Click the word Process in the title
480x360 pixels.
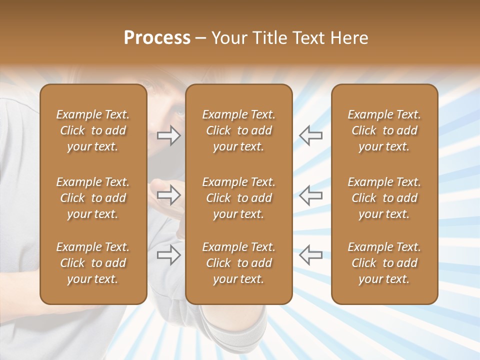click(157, 38)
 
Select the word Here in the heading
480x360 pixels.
click(350, 38)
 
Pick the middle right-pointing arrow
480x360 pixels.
click(169, 195)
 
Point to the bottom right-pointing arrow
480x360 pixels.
click(169, 255)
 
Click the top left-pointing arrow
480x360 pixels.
click(310, 135)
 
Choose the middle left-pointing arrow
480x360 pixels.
click(310, 195)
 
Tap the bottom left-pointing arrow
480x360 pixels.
click(310, 255)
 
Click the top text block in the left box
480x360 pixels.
click(93, 130)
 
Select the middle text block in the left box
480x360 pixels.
click(93, 198)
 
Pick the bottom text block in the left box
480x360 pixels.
click(93, 263)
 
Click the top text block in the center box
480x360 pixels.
click(238, 130)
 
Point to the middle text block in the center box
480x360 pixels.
click(238, 198)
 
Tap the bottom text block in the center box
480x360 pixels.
click(238, 263)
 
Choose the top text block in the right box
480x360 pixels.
click(384, 130)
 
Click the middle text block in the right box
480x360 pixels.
click(384, 198)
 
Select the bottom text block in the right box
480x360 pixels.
click(384, 263)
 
